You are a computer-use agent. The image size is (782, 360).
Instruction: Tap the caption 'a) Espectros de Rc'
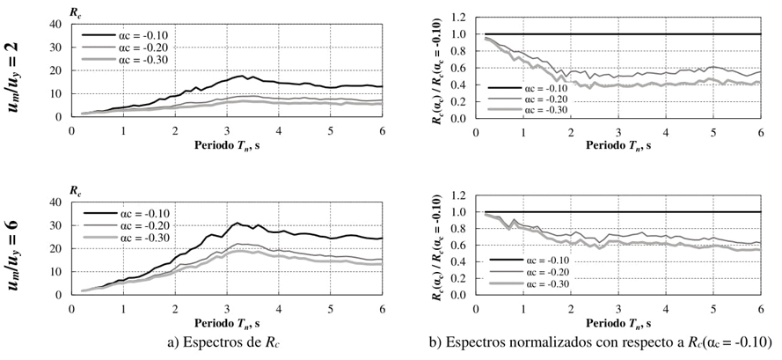(x=227, y=342)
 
